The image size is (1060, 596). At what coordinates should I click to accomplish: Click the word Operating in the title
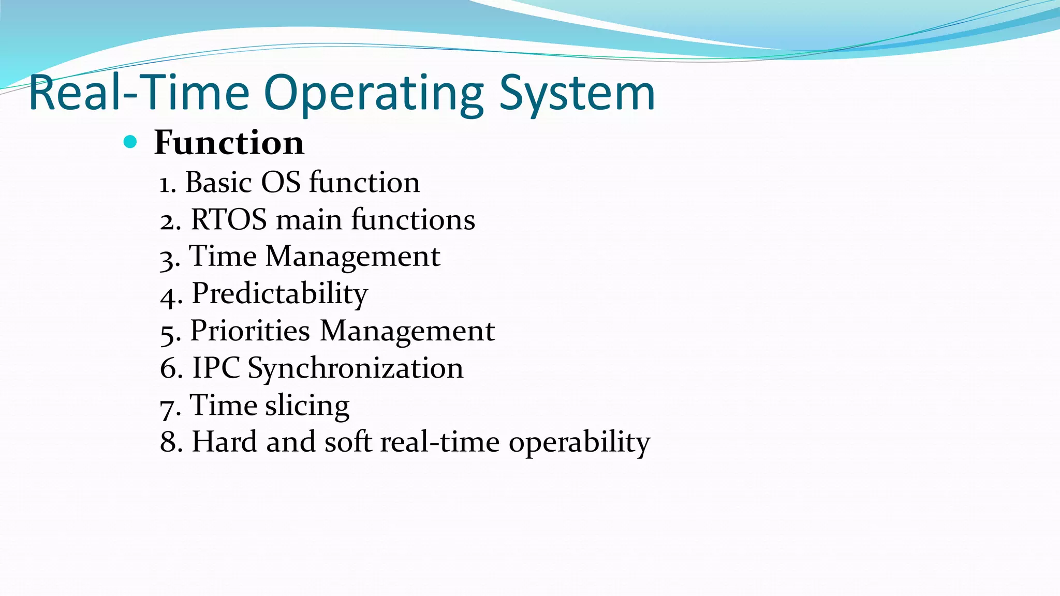pyautogui.click(x=374, y=94)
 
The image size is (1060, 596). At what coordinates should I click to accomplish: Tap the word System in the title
pyautogui.click(x=577, y=94)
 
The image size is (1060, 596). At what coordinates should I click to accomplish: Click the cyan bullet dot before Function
pyautogui.click(x=130, y=142)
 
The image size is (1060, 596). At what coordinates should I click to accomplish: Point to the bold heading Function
pyautogui.click(x=229, y=142)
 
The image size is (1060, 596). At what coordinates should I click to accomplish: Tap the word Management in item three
pyautogui.click(x=352, y=257)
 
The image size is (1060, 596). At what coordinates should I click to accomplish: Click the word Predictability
pyautogui.click(x=279, y=294)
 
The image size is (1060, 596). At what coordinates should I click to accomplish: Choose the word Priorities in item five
pyautogui.click(x=249, y=331)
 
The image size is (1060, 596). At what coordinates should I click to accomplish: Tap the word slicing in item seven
pyautogui.click(x=307, y=406)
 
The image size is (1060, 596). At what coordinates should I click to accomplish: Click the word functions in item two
pyautogui.click(x=413, y=220)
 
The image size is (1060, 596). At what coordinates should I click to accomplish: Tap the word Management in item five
pyautogui.click(x=407, y=332)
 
